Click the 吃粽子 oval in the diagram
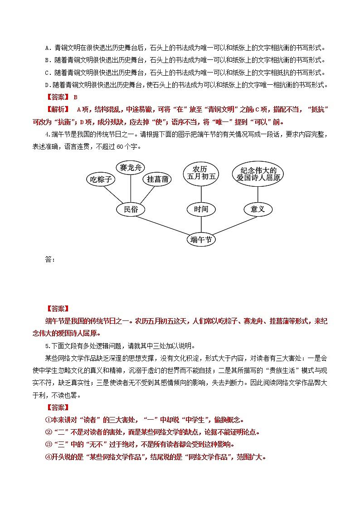click(101, 179)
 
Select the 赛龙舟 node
click(131, 168)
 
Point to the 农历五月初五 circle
click(201, 173)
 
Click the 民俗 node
click(131, 209)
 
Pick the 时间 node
click(201, 209)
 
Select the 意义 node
click(257, 209)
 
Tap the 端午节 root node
click(201, 239)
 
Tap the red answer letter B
click(76, 97)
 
